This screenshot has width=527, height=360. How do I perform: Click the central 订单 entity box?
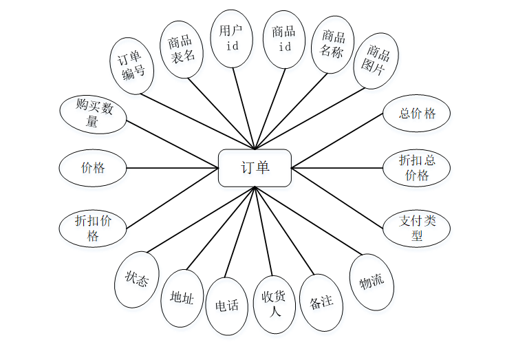(x=255, y=167)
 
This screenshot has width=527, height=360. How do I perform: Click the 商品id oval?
(x=283, y=39)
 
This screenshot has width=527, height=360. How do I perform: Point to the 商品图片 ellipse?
(x=376, y=60)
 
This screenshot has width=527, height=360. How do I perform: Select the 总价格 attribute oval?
(x=417, y=114)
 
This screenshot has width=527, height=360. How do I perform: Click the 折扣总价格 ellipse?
(x=417, y=167)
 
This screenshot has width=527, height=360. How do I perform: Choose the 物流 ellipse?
(x=372, y=282)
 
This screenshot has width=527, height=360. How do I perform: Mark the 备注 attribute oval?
(x=321, y=302)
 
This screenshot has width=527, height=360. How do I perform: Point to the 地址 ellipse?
(x=182, y=298)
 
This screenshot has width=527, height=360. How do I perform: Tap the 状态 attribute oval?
(x=136, y=279)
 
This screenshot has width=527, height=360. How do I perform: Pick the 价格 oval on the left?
(x=93, y=167)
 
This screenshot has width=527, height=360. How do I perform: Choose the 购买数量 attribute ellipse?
(x=93, y=114)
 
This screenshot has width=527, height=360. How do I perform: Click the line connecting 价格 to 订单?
(x=172, y=167)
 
